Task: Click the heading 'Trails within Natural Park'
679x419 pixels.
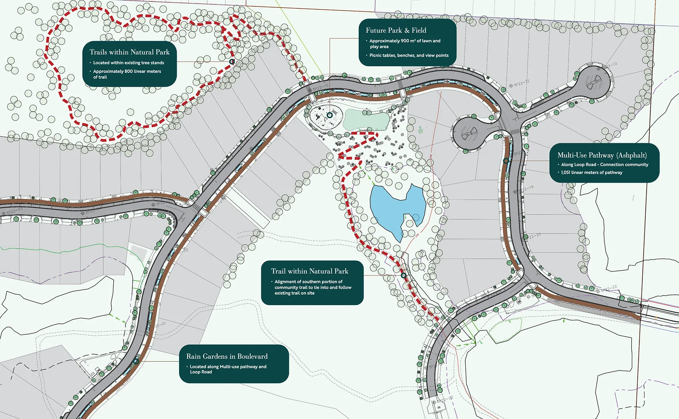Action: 129,52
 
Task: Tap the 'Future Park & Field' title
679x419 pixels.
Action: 396,30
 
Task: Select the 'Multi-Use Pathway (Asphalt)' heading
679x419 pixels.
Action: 602,155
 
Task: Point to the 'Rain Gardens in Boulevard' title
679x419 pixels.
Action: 227,356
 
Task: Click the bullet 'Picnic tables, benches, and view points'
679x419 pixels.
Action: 409,55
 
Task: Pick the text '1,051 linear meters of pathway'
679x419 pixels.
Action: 591,172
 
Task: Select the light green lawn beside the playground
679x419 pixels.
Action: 365,120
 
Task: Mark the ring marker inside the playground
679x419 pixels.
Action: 330,115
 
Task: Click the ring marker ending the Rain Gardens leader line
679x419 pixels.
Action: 136,361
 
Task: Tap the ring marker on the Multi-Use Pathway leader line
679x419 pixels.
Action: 506,161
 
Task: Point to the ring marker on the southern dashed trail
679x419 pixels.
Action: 403,275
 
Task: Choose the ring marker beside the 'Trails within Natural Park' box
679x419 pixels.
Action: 231,62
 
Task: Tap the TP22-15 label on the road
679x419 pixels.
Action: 321,88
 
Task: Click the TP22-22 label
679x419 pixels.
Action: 609,289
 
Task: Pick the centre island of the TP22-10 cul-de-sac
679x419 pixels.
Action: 594,81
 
